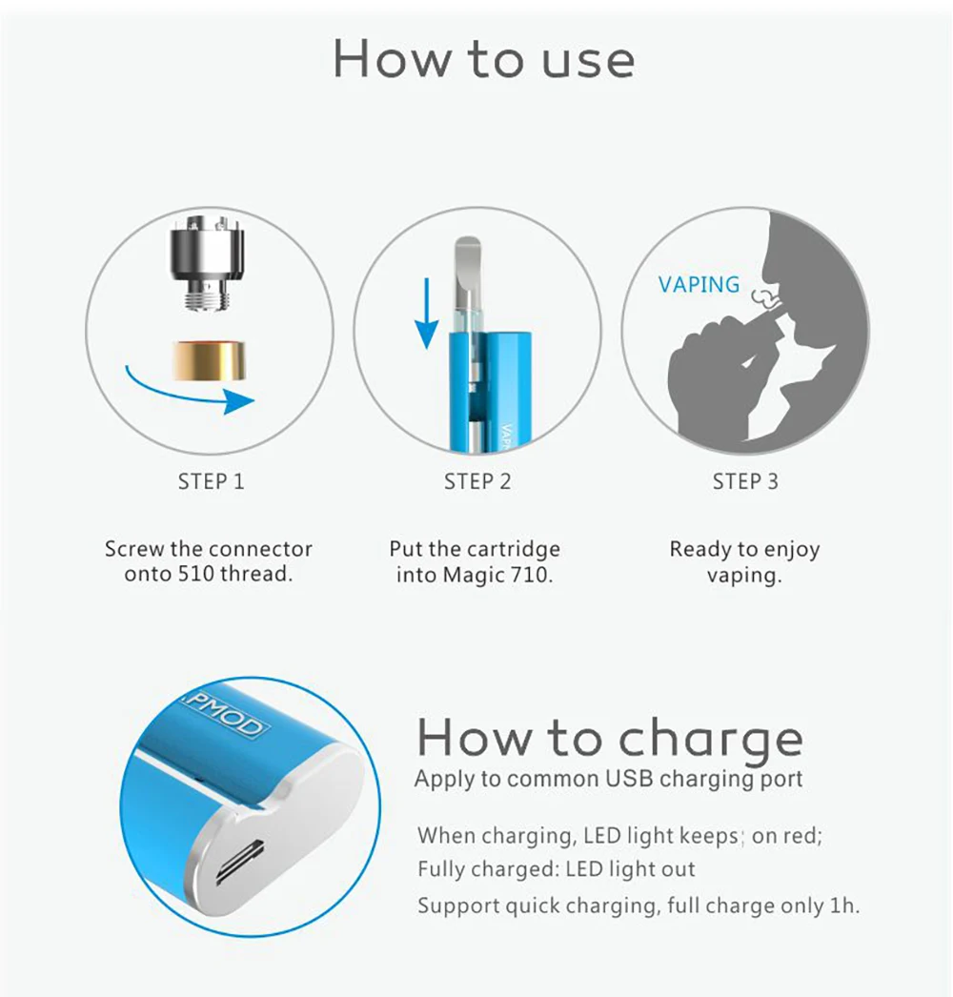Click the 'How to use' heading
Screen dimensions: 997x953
483,59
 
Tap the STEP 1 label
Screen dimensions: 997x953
211,481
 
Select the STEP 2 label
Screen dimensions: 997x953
477,481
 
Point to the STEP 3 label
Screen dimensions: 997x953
745,481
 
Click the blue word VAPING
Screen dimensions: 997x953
699,284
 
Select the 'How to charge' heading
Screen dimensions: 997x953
610,738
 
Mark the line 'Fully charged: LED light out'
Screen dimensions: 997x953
557,869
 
